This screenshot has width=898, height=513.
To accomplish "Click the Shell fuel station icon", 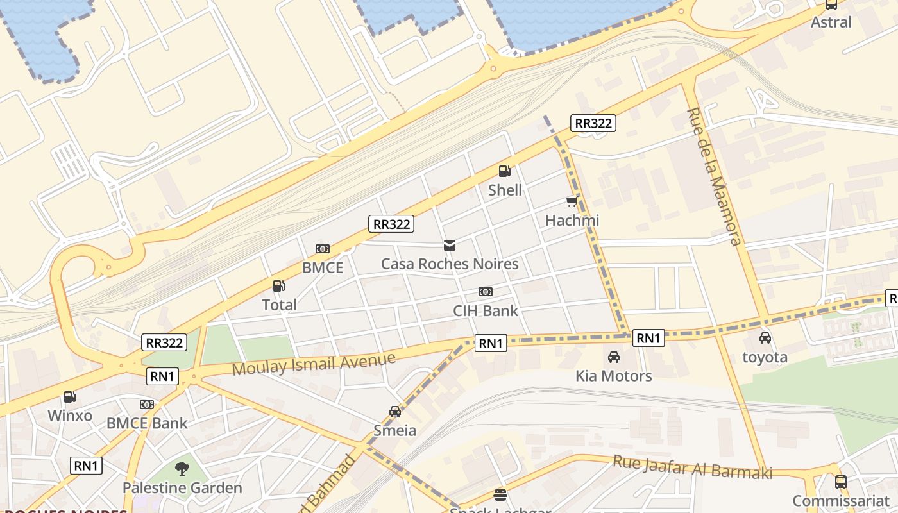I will pos(505,171).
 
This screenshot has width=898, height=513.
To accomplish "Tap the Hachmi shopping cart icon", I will pos(572,202).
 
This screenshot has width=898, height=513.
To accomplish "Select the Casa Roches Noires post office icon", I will pos(450,246).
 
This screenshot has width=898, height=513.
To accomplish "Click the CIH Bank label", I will pos(486,311).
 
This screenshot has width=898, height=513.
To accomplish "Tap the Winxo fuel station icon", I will pos(69,397).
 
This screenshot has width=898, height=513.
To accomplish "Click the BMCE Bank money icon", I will pos(147,405).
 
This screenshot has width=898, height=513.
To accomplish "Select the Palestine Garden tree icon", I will pos(182,469).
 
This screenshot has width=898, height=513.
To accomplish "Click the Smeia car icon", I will pos(395,412).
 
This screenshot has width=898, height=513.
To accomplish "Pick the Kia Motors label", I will pos(614,376).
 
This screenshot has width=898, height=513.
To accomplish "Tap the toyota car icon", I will pos(765,338).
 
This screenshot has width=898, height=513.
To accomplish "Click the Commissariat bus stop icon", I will pos(841,482).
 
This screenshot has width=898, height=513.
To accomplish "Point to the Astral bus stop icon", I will pos(831,4).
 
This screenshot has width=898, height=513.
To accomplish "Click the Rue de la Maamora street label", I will pos(713,176).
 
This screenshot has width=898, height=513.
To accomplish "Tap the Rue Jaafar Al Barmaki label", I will pos(693,467).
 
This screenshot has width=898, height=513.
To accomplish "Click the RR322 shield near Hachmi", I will pos(593,123).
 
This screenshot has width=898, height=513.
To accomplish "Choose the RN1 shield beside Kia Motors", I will pos(648,338).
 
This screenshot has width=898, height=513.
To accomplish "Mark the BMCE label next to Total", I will pos(323,268).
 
